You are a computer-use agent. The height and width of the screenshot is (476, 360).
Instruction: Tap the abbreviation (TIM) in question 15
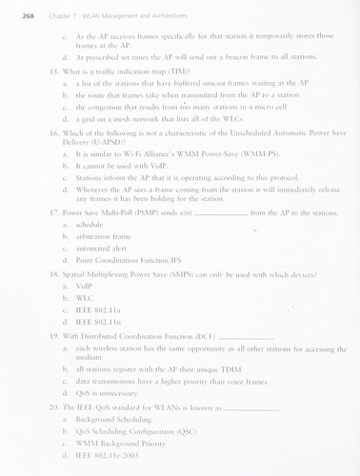tap(176, 70)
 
